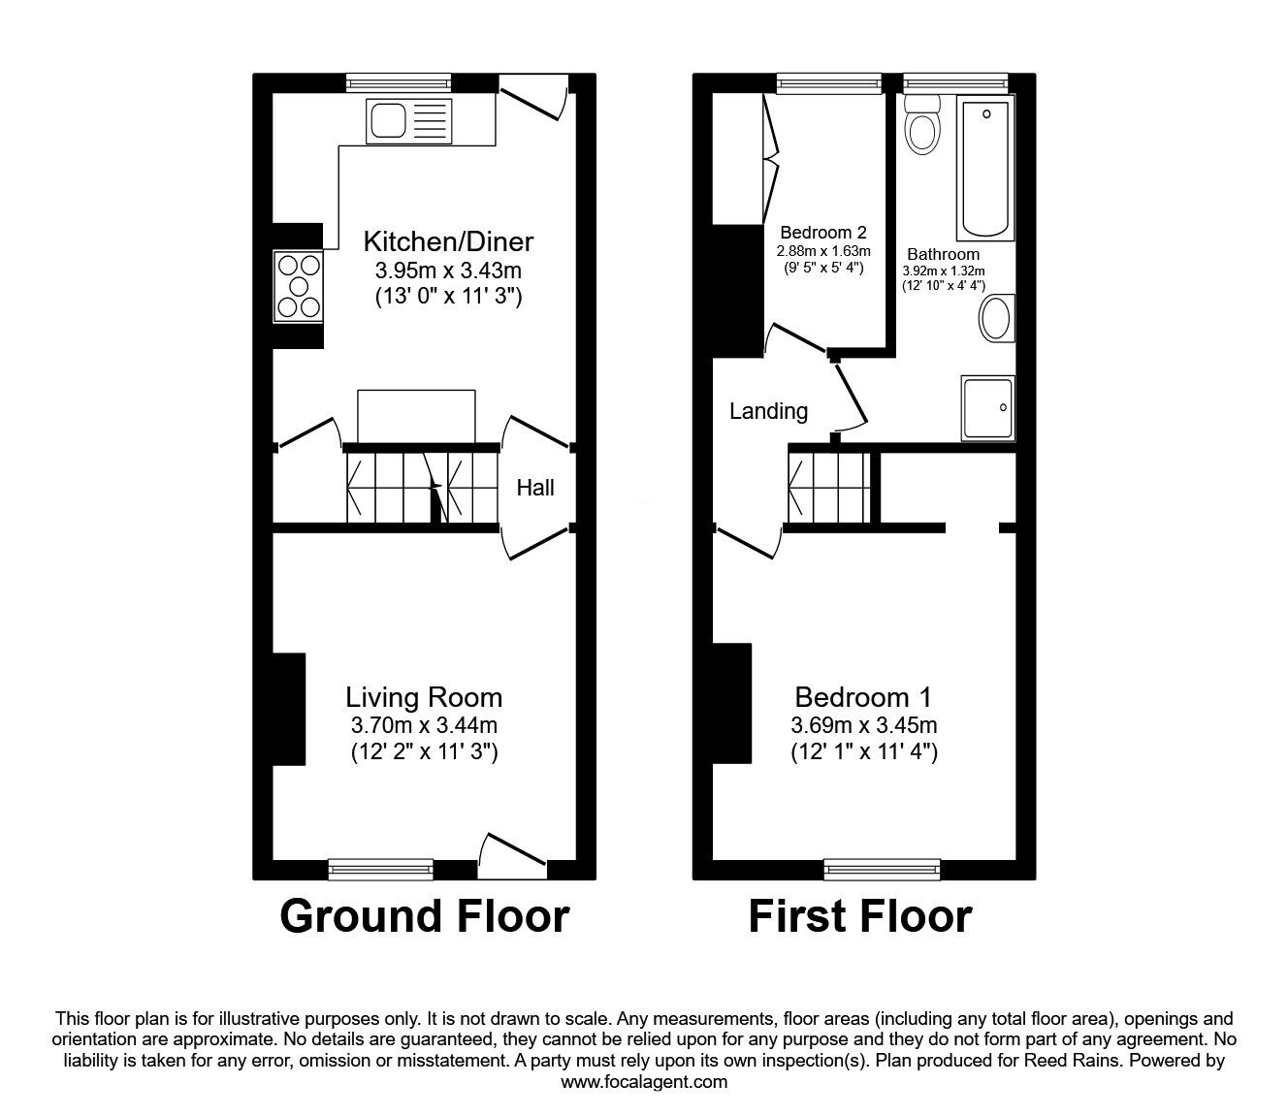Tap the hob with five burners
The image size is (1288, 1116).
pyautogui.click(x=298, y=285)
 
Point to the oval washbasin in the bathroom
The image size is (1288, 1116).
pyautogui.click(x=997, y=318)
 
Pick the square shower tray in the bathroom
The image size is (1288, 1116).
pyautogui.click(x=987, y=407)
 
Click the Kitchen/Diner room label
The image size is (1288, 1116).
pyautogui.click(x=448, y=240)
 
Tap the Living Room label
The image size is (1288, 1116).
pyautogui.click(x=424, y=697)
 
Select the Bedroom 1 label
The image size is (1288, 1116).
pyautogui.click(x=863, y=697)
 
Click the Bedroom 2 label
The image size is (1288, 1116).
pyautogui.click(x=822, y=233)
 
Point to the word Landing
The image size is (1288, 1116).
pyautogui.click(x=768, y=411)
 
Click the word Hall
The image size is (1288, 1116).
pyautogui.click(x=535, y=488)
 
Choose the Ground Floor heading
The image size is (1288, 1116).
pyautogui.click(x=424, y=916)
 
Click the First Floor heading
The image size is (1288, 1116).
pyautogui.click(x=859, y=916)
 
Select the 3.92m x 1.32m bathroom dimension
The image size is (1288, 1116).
pyautogui.click(x=943, y=271)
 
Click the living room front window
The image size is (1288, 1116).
pyautogui.click(x=380, y=869)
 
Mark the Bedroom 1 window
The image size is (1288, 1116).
pyautogui.click(x=882, y=869)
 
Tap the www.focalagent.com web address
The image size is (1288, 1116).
pyautogui.click(x=644, y=1082)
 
